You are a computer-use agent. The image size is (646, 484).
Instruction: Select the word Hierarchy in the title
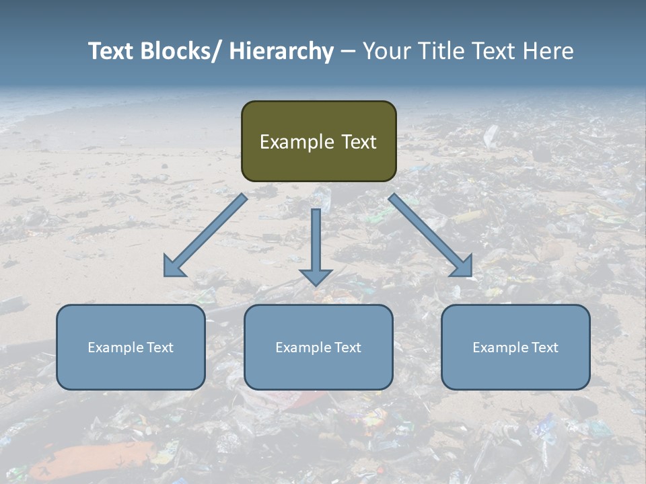pos(281,51)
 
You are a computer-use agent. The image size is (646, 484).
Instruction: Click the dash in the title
pos(348,52)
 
